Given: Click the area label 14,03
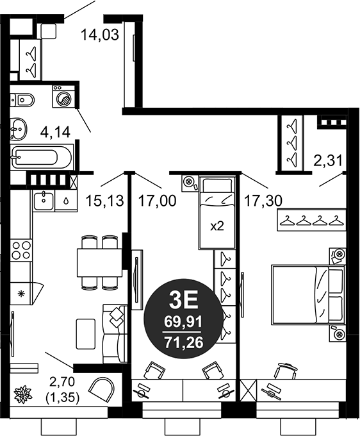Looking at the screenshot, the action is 100,35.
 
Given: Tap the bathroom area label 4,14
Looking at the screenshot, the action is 55,132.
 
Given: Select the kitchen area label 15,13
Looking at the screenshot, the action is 104,201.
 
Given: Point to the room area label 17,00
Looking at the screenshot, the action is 157,201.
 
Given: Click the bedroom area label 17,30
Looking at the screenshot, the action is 263,201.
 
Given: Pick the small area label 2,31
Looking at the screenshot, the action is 328,160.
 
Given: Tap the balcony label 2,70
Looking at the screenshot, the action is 62,382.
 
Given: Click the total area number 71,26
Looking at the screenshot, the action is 184,342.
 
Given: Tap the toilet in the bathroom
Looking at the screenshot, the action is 22,99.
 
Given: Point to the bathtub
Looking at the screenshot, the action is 42,156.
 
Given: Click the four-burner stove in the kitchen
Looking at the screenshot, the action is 21,250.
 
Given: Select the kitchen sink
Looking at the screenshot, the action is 44,201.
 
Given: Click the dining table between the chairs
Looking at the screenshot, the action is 99,262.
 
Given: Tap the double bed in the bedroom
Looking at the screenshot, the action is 308,294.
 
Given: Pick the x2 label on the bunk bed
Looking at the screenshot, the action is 217,226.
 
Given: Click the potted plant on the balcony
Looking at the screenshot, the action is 23,394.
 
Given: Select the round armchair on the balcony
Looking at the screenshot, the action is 102,389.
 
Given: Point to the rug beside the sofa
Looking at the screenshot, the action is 86,334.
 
